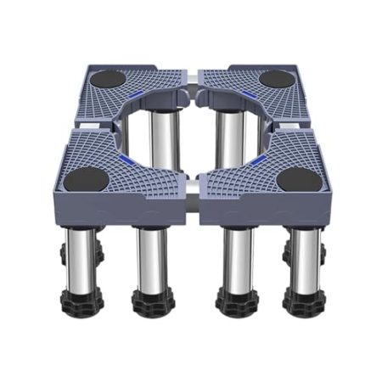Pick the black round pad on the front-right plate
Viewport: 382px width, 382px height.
click(x=299, y=180)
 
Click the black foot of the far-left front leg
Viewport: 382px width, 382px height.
click(x=81, y=295)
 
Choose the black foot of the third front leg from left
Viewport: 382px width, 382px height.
click(x=233, y=301)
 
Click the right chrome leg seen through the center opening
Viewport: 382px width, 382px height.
click(x=225, y=136)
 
